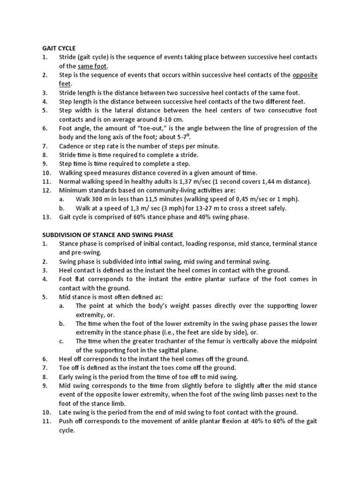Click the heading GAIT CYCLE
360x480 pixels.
click(59, 48)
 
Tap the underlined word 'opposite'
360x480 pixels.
click(305, 75)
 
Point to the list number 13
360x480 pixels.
click(45, 217)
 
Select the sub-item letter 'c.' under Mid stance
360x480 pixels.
click(62, 341)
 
